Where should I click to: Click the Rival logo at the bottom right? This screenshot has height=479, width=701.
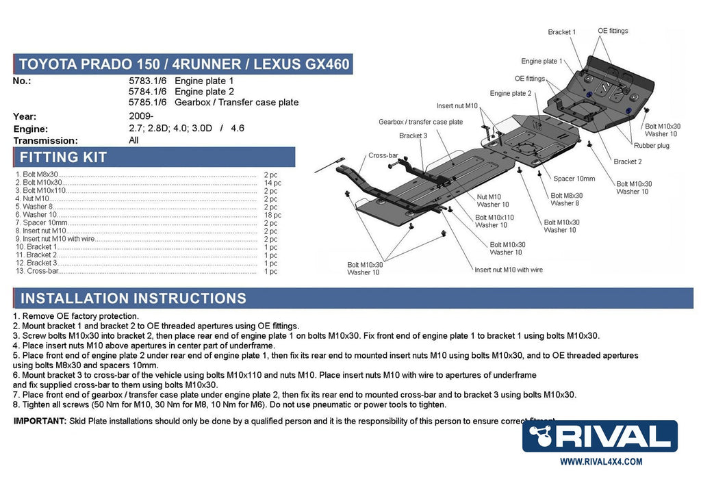[600, 437]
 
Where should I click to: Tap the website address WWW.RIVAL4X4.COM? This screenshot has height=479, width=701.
[601, 462]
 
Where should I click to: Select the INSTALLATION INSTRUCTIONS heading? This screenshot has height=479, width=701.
[133, 298]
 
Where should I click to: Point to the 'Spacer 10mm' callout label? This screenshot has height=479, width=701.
[574, 179]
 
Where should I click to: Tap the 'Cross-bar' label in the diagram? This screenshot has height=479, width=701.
[383, 155]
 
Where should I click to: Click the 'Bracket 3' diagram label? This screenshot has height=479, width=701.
[413, 135]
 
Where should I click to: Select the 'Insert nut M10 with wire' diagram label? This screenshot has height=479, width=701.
[508, 270]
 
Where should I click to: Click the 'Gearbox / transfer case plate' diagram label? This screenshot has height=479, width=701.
[420, 122]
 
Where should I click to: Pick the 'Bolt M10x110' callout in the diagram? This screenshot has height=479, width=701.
[494, 218]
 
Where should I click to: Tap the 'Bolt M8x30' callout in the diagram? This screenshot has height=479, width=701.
[567, 196]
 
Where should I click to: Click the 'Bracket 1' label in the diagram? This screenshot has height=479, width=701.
[561, 32]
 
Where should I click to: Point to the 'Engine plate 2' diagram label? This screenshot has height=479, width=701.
[511, 93]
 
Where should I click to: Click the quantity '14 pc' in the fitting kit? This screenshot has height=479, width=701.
[272, 183]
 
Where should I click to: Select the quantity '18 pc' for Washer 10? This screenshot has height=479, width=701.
[272, 215]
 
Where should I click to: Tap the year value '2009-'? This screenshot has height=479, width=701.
[142, 116]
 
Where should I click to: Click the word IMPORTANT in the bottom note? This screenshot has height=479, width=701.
[40, 421]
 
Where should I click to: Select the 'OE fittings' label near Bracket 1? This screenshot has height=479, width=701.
[613, 31]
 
